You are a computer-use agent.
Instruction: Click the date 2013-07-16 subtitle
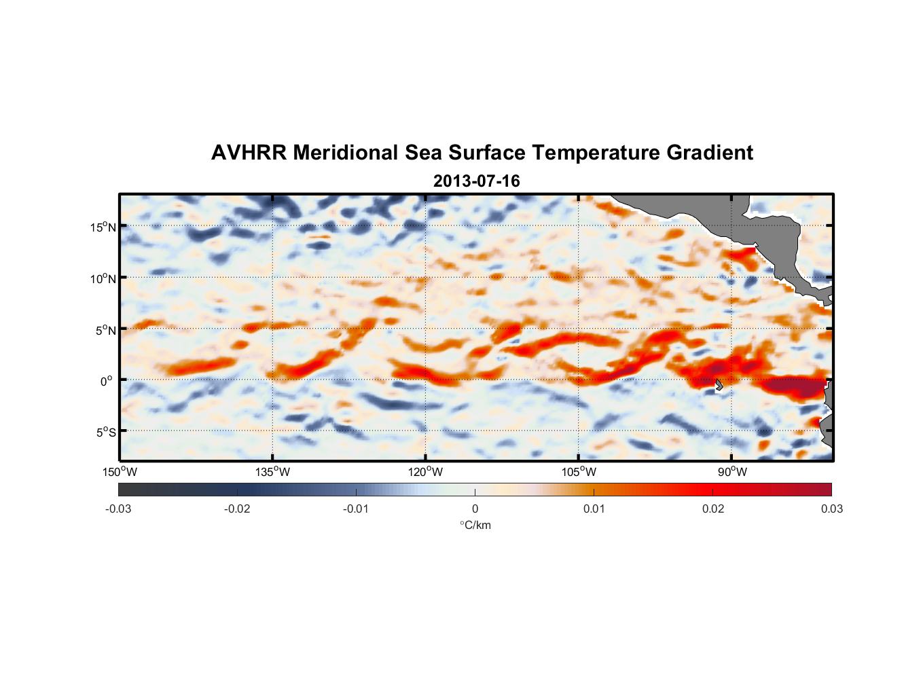tap(476, 181)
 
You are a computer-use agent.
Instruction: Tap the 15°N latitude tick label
tap(103, 227)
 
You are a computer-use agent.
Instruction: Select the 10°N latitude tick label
tap(103, 278)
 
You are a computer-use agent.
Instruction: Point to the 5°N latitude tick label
tap(105, 330)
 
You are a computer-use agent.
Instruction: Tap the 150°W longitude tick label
tap(120, 472)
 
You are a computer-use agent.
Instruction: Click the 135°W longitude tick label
tap(272, 472)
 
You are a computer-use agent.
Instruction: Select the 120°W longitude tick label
tap(425, 472)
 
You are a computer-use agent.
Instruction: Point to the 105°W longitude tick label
tap(579, 472)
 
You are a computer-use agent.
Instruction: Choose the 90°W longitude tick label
tap(732, 472)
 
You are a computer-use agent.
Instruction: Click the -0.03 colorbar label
tap(118, 509)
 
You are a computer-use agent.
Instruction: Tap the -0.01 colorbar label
tap(356, 509)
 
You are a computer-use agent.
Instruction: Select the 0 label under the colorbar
tap(475, 509)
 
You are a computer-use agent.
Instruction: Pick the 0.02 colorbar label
tap(713, 509)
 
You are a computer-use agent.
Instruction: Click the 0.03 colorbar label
tap(831, 509)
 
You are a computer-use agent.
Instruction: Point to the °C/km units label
tap(475, 525)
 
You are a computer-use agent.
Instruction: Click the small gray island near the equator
tap(719, 385)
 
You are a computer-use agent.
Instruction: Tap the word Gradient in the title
tap(710, 153)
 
